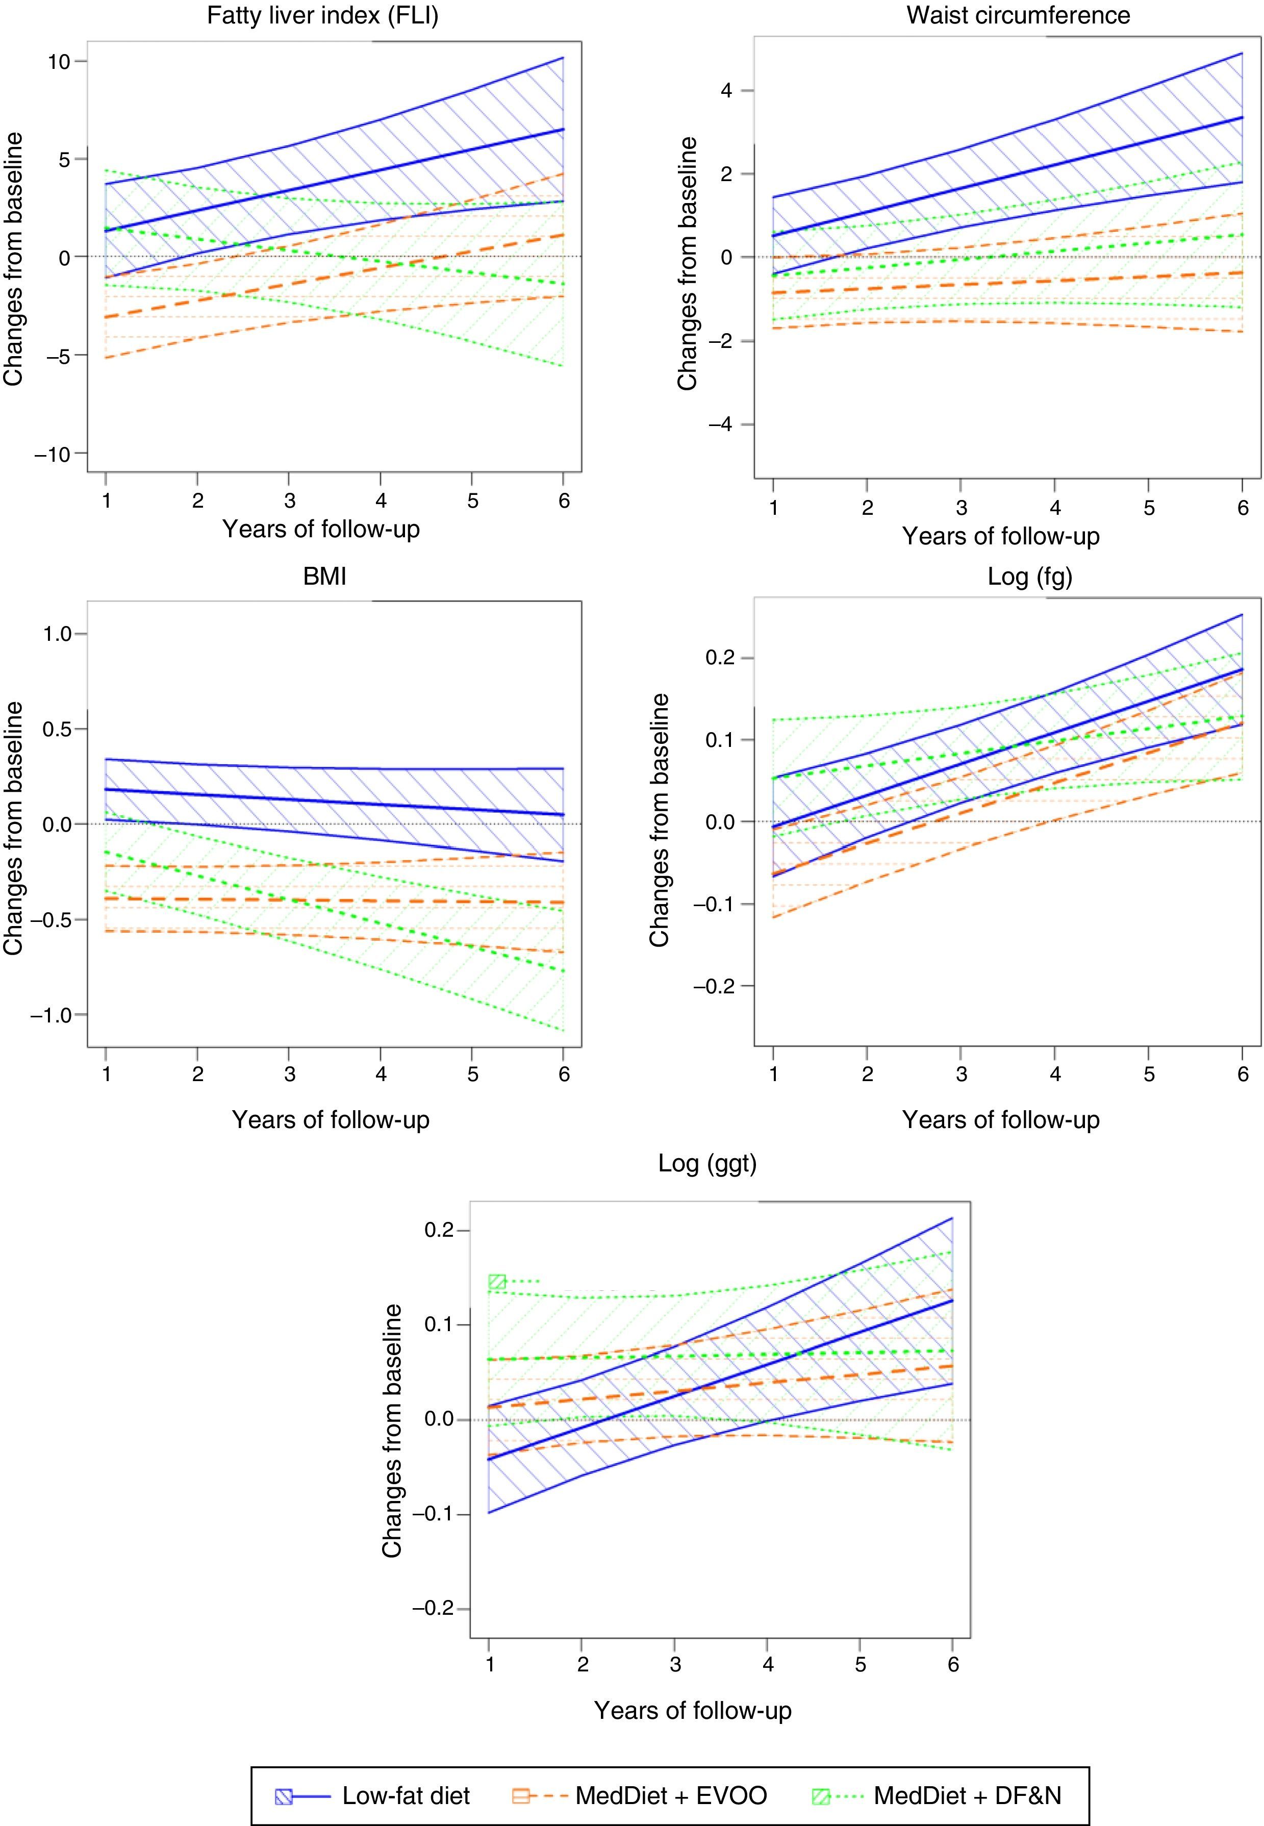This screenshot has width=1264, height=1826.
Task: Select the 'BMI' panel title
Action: click(x=325, y=576)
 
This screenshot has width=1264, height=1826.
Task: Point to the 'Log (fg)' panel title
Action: click(x=1029, y=576)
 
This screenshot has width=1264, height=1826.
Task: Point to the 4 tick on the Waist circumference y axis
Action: click(x=725, y=90)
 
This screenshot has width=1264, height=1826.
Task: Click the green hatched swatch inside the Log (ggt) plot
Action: click(x=497, y=1282)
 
